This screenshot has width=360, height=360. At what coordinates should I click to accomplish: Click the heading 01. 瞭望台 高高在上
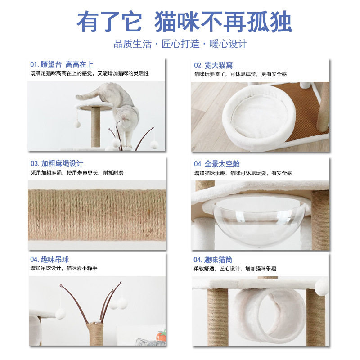(62, 65)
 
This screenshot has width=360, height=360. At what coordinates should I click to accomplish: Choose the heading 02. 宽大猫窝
(213, 66)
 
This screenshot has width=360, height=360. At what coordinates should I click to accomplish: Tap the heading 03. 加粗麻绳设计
(57, 164)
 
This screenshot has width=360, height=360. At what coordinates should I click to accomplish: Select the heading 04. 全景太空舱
(217, 164)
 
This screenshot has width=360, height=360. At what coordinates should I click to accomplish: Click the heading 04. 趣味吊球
(49, 260)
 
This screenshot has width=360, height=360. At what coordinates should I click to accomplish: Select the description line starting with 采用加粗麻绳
(76, 173)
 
